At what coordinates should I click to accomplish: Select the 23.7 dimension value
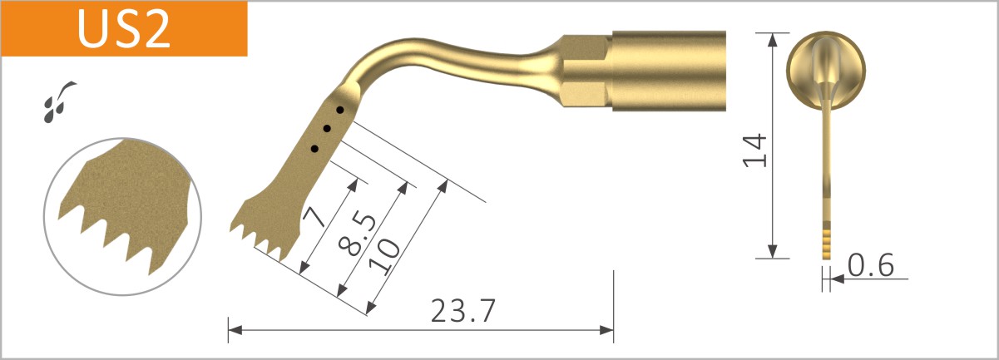click(463, 311)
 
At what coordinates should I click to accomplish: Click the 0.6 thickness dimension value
click(870, 265)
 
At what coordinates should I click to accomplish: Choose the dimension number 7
click(314, 218)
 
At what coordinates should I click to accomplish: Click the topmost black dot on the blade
click(339, 110)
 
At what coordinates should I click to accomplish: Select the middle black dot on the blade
click(327, 129)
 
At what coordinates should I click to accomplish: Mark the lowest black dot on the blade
click(314, 148)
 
